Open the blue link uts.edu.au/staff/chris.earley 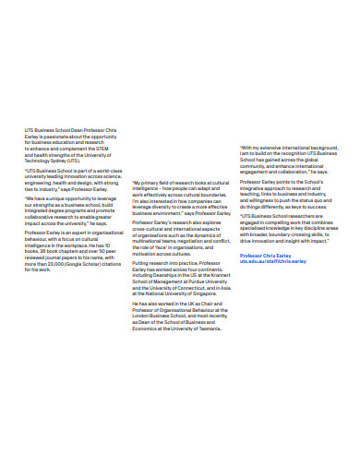pyautogui.click(x=273, y=260)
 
